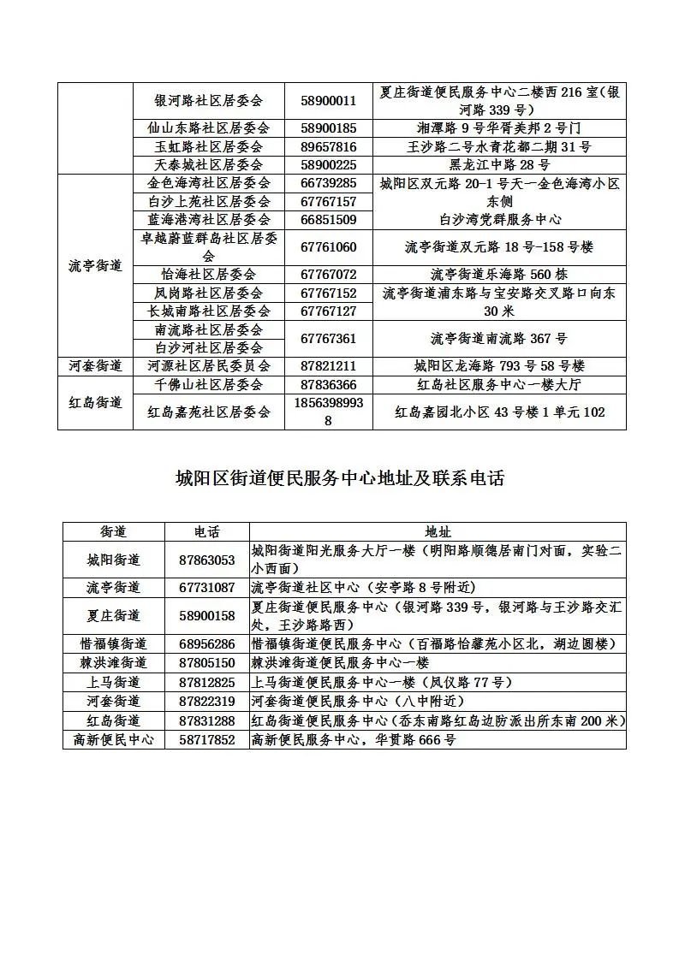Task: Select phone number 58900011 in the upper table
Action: (x=329, y=100)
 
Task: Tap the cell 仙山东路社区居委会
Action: (x=208, y=128)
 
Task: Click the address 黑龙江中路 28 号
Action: (x=499, y=165)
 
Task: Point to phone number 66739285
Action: (x=329, y=183)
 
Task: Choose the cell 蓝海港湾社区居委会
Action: (x=208, y=220)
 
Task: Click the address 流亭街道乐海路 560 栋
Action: (x=499, y=275)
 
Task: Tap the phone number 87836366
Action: (x=329, y=385)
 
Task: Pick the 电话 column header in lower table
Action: (x=206, y=531)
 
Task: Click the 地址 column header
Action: (x=438, y=531)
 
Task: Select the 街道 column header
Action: (x=113, y=531)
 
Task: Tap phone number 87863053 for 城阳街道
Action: (x=206, y=560)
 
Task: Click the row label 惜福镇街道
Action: (x=113, y=643)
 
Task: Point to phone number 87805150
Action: (x=206, y=662)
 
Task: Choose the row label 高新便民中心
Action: (x=113, y=739)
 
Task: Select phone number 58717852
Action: (x=206, y=739)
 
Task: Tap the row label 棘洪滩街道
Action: (x=113, y=662)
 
